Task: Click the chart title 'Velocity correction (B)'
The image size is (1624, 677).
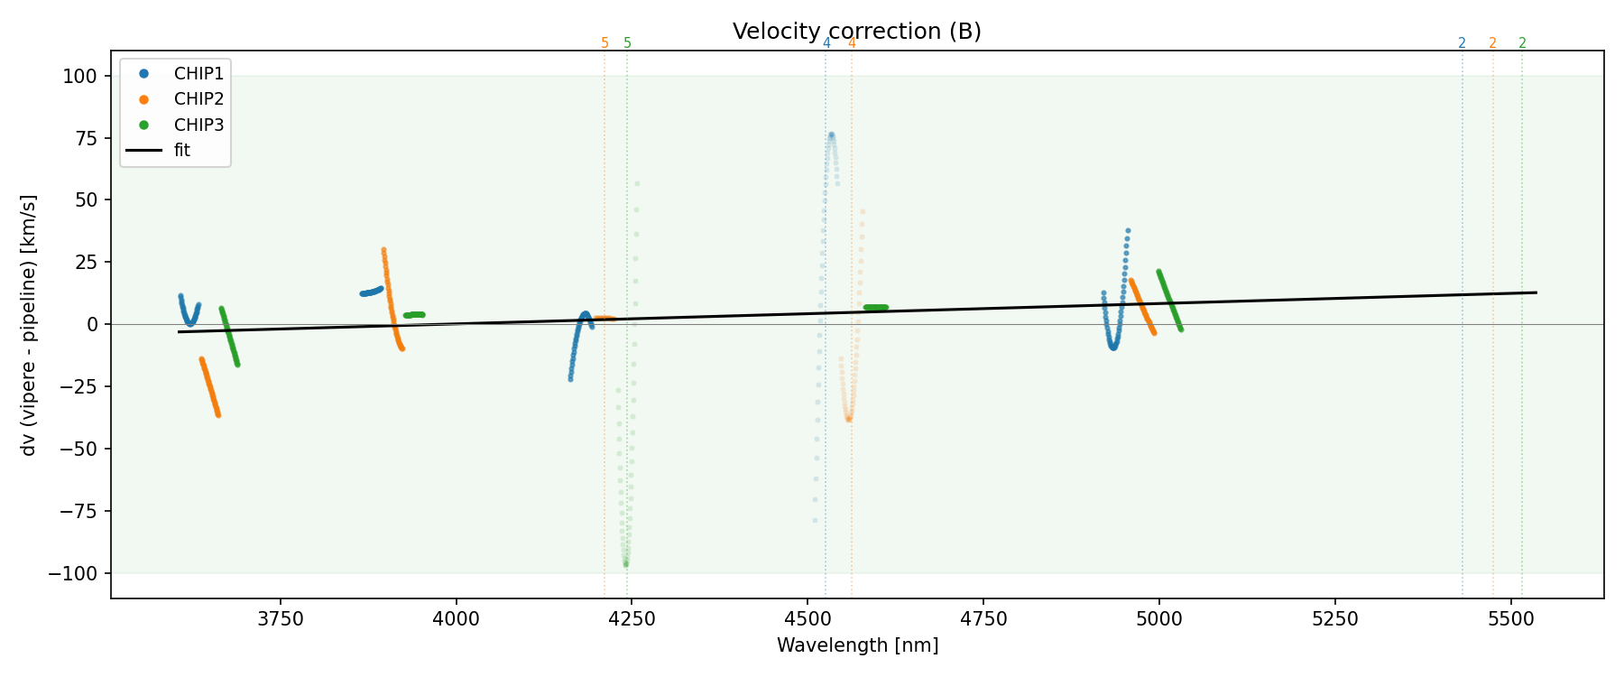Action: pos(856,32)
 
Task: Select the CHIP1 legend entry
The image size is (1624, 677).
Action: pos(198,73)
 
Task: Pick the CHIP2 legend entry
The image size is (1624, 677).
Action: pos(198,99)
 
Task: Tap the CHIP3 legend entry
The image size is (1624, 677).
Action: pos(198,125)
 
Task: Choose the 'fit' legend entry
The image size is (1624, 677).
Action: pos(181,151)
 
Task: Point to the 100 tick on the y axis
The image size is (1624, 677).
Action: pos(80,76)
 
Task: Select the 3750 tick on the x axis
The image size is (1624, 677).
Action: pos(281,619)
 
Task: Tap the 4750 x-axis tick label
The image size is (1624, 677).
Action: pos(983,619)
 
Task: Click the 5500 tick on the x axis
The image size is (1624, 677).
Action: pos(1510,619)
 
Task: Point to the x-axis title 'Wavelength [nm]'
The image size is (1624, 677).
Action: pos(857,645)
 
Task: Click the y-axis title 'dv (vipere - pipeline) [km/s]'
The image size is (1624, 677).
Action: pos(29,325)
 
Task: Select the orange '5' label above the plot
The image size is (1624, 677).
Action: pos(604,43)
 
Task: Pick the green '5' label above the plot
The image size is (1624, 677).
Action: pos(628,43)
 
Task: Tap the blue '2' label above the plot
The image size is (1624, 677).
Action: pos(1462,43)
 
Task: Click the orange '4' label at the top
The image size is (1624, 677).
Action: pos(852,43)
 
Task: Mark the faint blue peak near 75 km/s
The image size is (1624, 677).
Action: pos(831,135)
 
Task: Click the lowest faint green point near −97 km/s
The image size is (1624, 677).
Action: pos(626,565)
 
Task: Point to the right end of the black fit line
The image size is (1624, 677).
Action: pos(1536,292)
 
